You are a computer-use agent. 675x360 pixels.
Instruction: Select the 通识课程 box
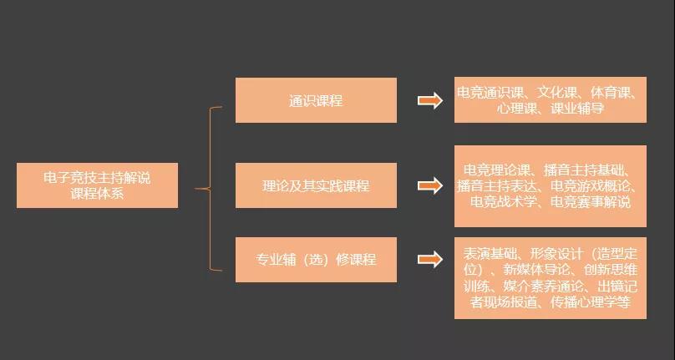coord(316,100)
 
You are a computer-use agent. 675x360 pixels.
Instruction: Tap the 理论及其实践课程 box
coord(316,185)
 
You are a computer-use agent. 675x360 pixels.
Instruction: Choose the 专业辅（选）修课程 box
coord(316,260)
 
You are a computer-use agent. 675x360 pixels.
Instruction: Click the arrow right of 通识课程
coord(430,101)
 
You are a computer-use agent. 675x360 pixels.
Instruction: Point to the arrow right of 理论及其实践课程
coord(430,185)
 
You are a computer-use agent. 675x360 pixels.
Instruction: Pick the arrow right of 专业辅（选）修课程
coord(430,260)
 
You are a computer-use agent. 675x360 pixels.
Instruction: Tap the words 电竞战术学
coord(497,202)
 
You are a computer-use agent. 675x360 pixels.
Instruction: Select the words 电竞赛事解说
coord(591,202)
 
